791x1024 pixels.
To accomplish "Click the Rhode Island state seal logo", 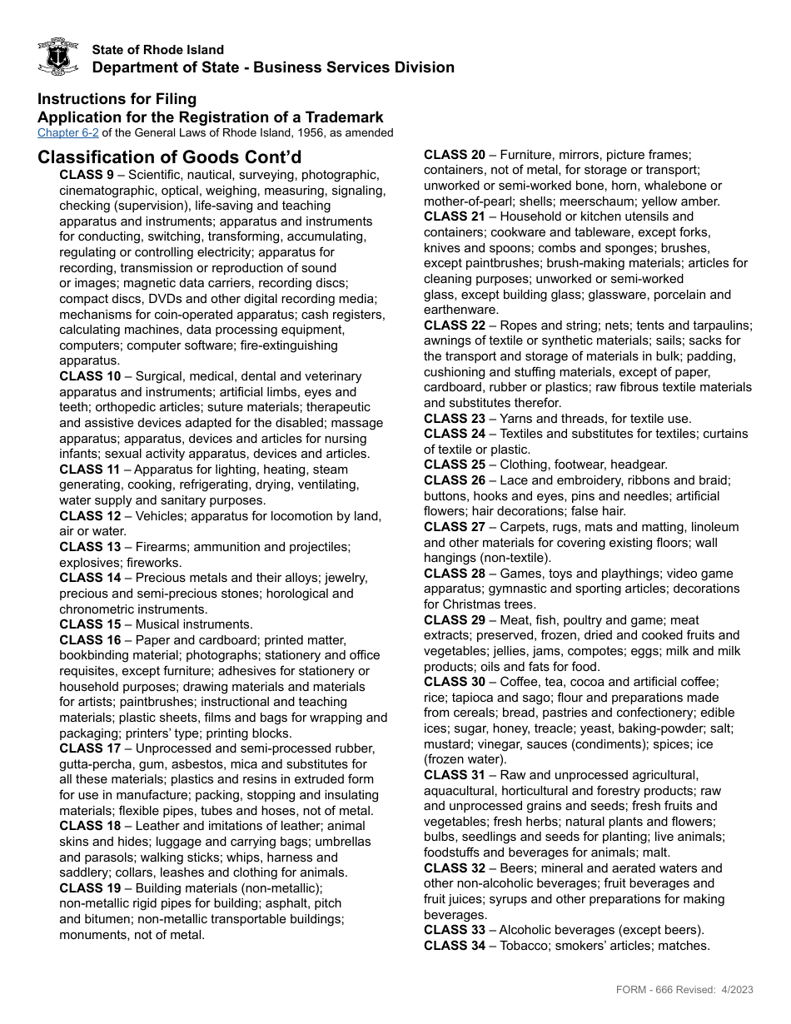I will point(58,57).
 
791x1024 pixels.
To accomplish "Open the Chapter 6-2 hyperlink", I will point(68,133).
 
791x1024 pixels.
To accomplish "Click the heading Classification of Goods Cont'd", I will point(170,157).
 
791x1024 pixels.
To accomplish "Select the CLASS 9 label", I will point(87,175).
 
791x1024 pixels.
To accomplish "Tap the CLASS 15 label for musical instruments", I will point(90,624).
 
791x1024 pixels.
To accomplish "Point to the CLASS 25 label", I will point(455,465).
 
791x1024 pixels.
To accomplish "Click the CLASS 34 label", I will point(455,946).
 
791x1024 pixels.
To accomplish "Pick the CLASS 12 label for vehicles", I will point(90,516).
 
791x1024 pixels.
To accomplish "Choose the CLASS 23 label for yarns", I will point(455,419).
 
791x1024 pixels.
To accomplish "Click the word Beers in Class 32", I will point(519,868).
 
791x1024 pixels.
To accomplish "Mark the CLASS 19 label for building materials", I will point(90,888).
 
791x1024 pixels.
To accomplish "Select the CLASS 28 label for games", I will point(455,574).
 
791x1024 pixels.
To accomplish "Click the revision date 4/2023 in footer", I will point(736,990).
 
